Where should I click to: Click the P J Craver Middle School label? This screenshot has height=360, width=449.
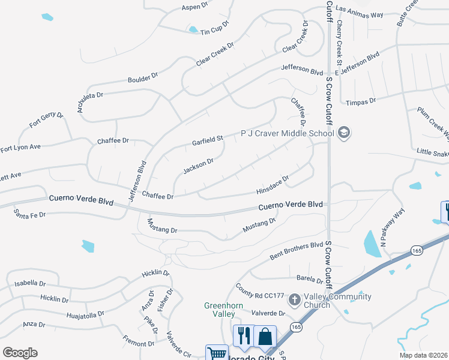point(288,133)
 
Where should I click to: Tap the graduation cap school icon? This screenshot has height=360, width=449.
point(344,133)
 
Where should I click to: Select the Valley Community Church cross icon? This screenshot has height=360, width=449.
point(295,299)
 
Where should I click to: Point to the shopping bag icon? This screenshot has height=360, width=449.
point(265,336)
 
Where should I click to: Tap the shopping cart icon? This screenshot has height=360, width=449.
point(217,353)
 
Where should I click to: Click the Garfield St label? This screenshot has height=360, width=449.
point(207,141)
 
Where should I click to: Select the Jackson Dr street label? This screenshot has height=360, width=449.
point(198,166)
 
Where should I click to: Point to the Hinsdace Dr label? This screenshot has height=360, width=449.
point(273,184)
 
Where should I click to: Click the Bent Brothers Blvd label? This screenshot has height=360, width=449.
point(297,251)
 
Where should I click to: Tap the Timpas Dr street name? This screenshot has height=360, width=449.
point(364,101)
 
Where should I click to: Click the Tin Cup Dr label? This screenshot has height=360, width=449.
point(215,30)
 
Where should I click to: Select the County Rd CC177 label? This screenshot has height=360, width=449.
point(259,295)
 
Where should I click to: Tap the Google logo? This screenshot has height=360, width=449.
point(20,353)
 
